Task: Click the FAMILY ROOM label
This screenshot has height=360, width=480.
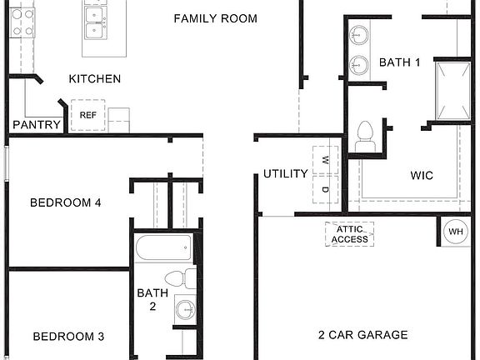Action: [215, 18]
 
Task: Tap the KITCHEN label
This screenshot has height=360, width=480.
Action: [94, 79]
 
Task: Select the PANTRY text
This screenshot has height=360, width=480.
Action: [37, 125]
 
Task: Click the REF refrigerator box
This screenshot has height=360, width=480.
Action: [87, 115]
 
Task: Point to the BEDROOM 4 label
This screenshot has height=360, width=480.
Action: [66, 202]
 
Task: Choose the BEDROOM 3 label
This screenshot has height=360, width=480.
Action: [68, 337]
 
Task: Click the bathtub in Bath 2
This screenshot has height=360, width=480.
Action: [164, 248]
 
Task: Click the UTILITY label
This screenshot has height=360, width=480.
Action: [286, 174]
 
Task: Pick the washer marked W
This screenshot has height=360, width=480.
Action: [325, 157]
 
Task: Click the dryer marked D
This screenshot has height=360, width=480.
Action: [325, 189]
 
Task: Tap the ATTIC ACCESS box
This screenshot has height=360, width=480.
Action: [349, 234]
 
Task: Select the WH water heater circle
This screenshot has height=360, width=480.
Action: [456, 231]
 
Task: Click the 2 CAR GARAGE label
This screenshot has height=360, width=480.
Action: [362, 335]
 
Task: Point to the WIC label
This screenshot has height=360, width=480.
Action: [422, 176]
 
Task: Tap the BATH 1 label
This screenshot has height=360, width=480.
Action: [400, 62]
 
